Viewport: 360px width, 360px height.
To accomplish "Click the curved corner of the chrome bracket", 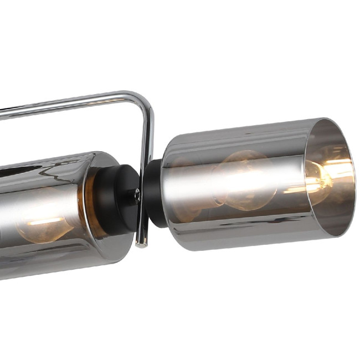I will coord(145,101).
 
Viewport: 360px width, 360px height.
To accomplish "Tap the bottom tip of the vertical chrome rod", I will coord(142,243).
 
